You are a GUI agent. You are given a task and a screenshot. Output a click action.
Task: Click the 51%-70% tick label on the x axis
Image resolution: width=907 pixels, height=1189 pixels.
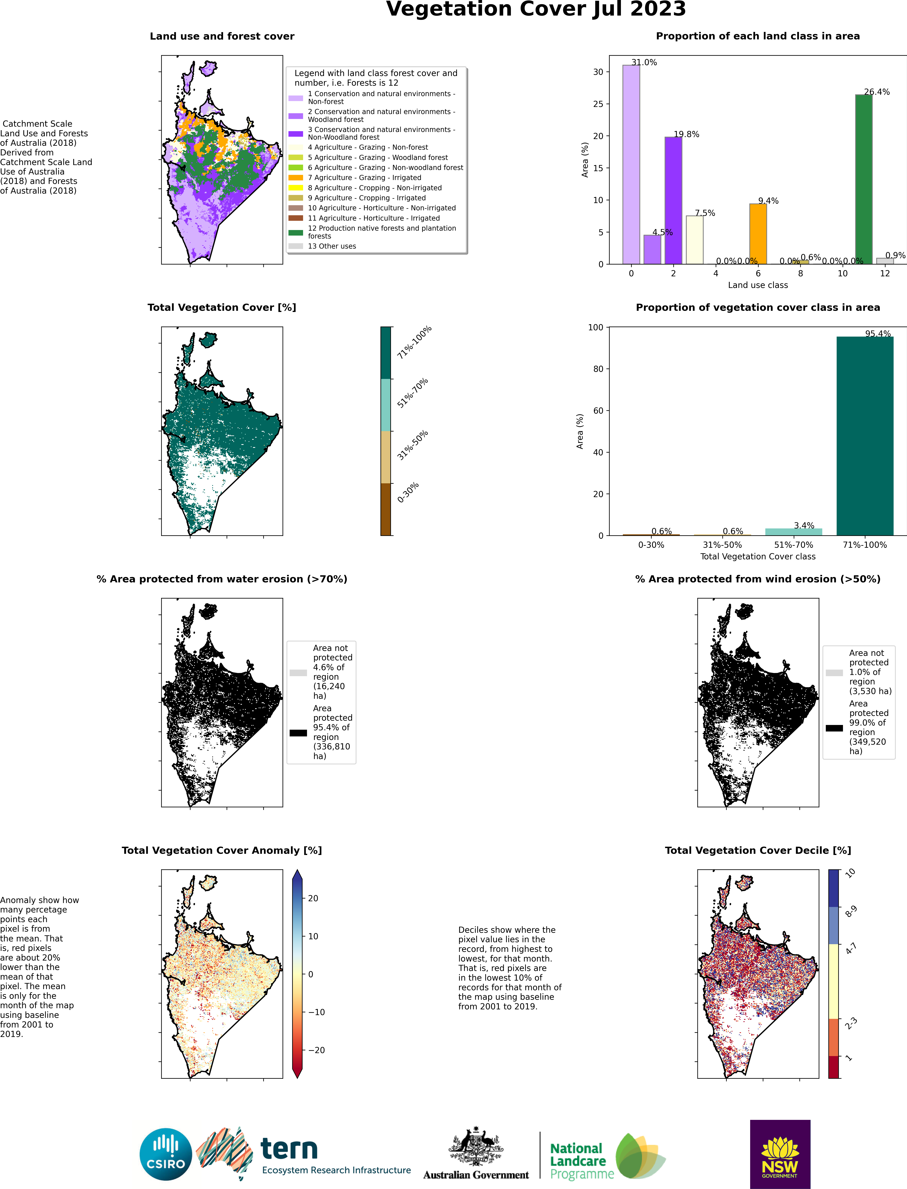(793, 545)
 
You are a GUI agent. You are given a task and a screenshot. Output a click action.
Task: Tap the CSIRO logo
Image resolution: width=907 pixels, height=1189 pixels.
(166, 1155)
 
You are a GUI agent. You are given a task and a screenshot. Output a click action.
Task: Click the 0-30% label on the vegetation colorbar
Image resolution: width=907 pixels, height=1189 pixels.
(408, 493)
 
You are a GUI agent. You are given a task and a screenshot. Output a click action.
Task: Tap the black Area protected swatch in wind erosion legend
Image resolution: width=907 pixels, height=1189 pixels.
(834, 728)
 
